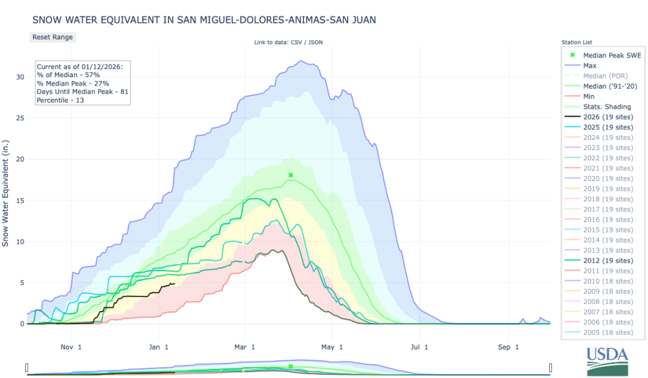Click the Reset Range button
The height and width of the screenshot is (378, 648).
(53, 37)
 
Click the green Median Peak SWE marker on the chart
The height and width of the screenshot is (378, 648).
(291, 175)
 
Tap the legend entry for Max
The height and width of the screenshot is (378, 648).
(589, 66)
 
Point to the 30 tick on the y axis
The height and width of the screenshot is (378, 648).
(20, 77)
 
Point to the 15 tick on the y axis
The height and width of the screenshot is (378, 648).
(20, 201)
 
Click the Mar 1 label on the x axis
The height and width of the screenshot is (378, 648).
(245, 347)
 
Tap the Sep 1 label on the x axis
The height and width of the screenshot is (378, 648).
(509, 347)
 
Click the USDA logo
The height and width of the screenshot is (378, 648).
(606, 362)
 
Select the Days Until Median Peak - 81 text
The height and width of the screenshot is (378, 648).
(82, 92)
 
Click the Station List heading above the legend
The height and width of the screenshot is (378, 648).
(577, 42)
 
